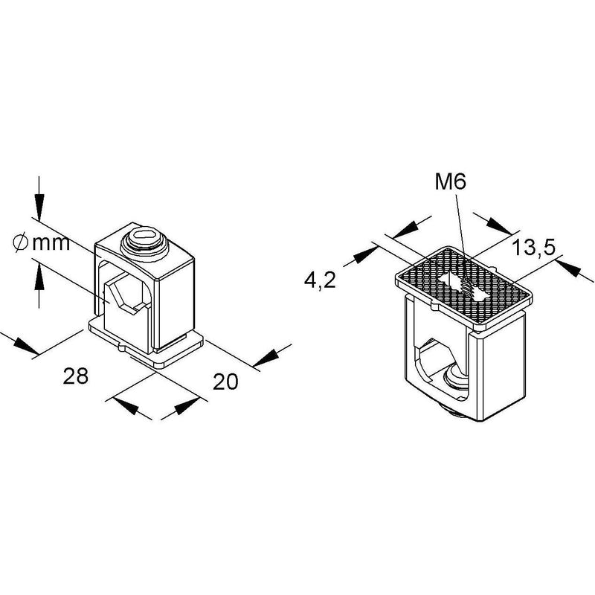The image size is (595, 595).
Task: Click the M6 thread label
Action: tap(450, 183)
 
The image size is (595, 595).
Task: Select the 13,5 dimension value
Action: tap(533, 248)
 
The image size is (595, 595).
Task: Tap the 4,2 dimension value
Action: tap(320, 280)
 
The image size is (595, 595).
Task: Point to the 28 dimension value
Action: tap(76, 376)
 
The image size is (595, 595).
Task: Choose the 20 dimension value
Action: tap(225, 382)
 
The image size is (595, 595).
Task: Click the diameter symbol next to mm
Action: tap(21, 243)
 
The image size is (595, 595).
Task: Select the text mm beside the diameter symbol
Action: tap(51, 244)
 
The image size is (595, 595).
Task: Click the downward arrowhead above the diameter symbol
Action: tap(39, 207)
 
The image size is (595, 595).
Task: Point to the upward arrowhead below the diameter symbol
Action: tap(39, 277)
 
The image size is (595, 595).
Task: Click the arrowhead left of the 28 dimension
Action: tap(26, 347)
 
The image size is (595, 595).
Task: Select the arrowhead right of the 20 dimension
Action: tap(267, 357)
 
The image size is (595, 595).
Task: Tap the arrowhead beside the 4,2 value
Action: tap(365, 255)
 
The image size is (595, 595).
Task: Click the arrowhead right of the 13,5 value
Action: tap(570, 268)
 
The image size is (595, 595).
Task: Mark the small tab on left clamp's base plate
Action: tap(120, 347)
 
